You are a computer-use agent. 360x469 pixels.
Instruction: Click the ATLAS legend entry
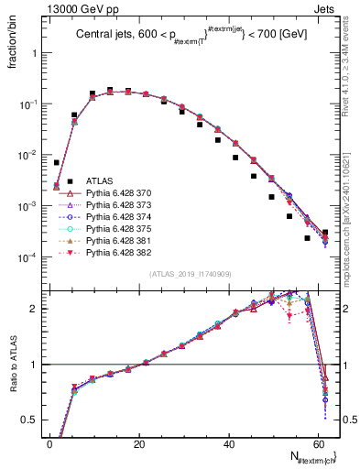point(99,181)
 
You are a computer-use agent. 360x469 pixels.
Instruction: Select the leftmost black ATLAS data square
point(57,162)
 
